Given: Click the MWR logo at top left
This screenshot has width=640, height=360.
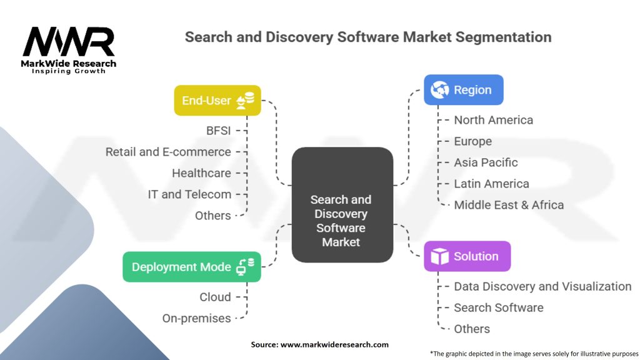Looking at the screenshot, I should click(68, 44).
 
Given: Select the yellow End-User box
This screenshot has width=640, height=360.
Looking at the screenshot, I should click(217, 101).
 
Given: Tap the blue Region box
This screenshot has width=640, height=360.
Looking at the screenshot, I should click(463, 90).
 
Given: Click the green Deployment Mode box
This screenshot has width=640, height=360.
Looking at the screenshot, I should click(191, 267).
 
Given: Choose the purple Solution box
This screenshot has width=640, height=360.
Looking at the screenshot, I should click(467, 256).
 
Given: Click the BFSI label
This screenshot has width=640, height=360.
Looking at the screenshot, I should click(218, 131).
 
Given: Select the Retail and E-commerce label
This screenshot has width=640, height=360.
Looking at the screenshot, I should click(168, 152).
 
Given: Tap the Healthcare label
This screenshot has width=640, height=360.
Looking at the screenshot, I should click(201, 173).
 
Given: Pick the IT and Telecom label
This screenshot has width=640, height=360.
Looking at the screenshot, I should click(189, 194).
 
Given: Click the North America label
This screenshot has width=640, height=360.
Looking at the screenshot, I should click(493, 120).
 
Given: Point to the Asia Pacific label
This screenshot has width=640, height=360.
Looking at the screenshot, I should click(486, 162).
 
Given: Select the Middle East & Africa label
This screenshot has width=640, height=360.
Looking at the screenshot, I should click(509, 205).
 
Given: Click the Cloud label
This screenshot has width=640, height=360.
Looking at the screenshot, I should click(215, 297).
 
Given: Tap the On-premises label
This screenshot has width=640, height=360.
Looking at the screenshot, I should click(196, 318).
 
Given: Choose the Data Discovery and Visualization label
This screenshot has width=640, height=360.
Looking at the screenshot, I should click(542, 286).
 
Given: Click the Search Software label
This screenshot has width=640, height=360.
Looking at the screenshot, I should click(498, 307).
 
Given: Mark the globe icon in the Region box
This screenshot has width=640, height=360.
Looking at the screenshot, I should click(439, 90).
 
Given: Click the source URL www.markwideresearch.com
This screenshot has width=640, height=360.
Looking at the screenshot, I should click(335, 344).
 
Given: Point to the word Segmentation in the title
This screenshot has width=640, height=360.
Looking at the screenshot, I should click(504, 37).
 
